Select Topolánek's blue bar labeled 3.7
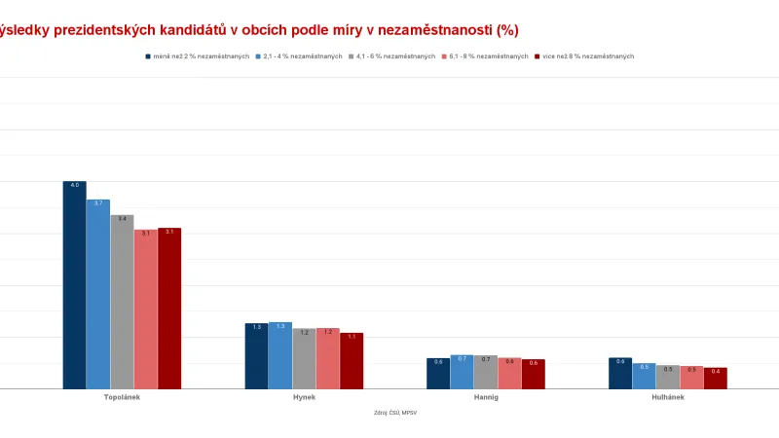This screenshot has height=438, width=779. [x=98, y=294]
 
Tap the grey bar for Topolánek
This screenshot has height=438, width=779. [x=122, y=302]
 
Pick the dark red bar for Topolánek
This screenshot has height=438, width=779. [x=169, y=309]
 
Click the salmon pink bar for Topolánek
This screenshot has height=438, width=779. [x=146, y=310]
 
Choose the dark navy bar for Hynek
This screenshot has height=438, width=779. [x=256, y=356]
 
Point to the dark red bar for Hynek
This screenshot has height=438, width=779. [x=352, y=361]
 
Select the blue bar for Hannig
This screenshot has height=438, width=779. [x=463, y=372]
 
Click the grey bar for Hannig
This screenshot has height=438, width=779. [x=486, y=372]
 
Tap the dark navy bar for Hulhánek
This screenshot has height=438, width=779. [x=620, y=374]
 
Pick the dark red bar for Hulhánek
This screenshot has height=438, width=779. [x=716, y=379]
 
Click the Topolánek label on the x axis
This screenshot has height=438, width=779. [x=122, y=397]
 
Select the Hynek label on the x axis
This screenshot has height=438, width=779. [x=304, y=397]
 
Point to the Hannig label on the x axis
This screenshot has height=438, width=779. [x=486, y=397]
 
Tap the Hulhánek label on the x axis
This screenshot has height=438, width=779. [x=668, y=397]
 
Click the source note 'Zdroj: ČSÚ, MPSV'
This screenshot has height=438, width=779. [x=395, y=413]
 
